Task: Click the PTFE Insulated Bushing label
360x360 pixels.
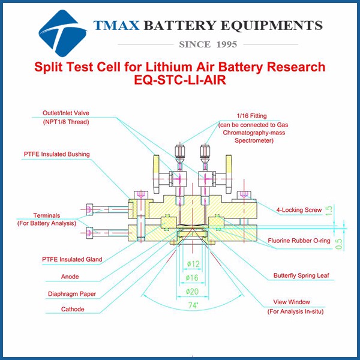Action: coord(58,154)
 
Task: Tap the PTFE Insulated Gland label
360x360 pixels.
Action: coord(72,259)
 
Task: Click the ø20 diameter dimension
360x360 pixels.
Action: coord(192,292)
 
